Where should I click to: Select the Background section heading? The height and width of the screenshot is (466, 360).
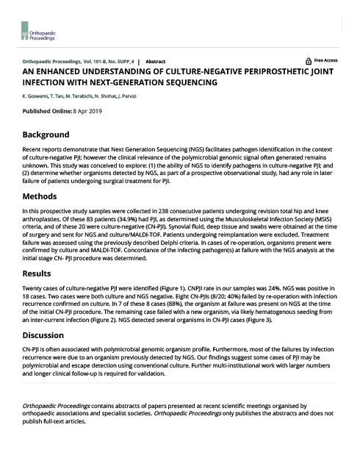click(x=46, y=135)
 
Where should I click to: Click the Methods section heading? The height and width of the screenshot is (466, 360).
click(x=40, y=197)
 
